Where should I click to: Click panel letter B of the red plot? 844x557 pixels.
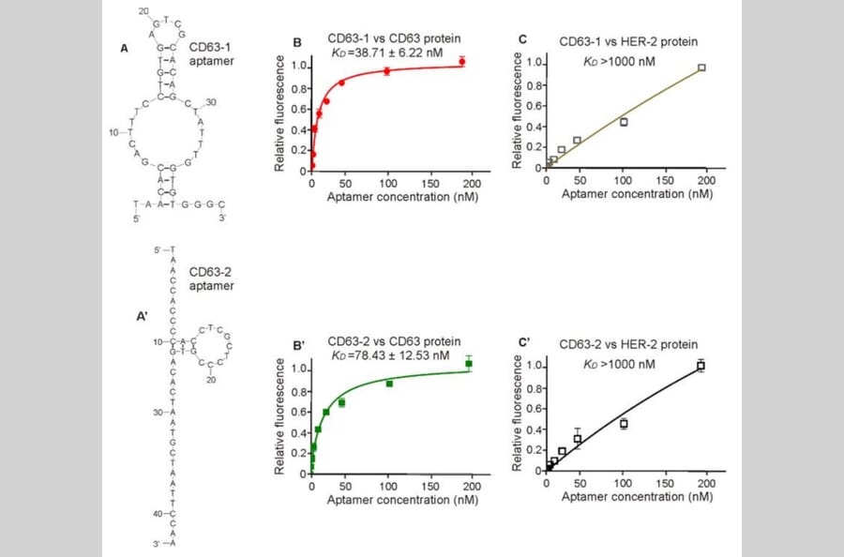click(296, 43)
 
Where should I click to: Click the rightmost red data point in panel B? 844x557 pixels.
click(461, 62)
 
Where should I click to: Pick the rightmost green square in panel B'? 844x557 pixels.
click(469, 364)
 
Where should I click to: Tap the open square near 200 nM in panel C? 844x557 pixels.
click(701, 68)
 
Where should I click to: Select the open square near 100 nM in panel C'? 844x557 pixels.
click(623, 424)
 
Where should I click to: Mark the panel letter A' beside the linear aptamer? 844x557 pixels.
click(143, 317)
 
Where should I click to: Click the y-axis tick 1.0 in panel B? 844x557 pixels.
click(299, 66)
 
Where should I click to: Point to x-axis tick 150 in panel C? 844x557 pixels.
click(665, 179)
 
